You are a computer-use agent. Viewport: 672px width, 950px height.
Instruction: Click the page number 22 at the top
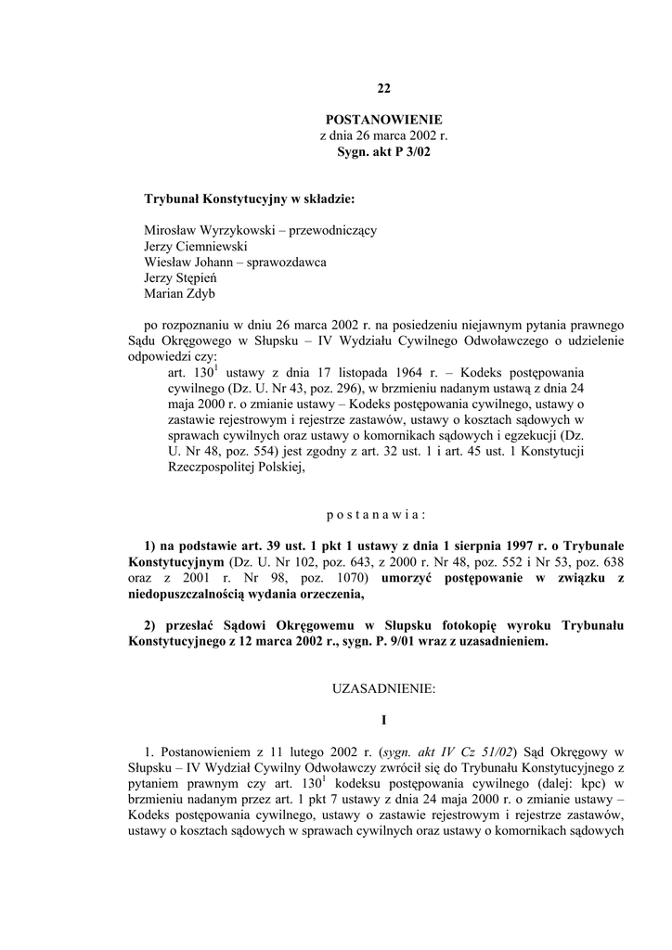click(383, 89)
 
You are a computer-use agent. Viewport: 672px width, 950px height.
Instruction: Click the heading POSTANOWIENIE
click(383, 120)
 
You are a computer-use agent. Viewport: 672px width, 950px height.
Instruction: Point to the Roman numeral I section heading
click(383, 720)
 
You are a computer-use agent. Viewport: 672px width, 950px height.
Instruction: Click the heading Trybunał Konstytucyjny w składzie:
click(249, 199)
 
